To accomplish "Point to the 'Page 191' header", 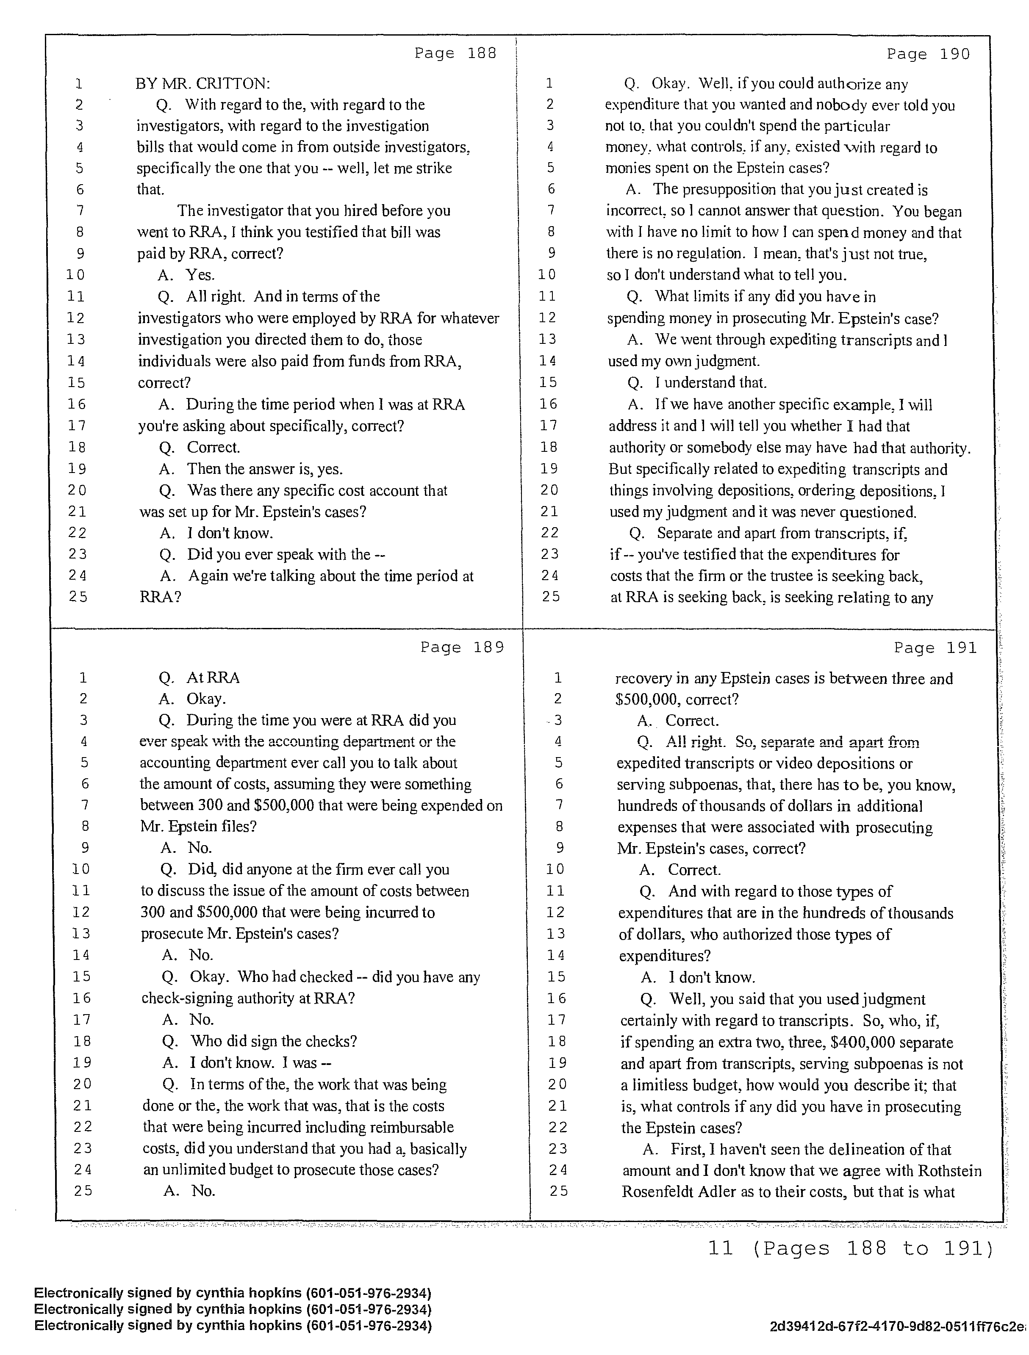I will click(935, 648).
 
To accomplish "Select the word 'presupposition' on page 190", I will click(728, 190).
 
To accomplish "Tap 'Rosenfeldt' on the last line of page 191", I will click(656, 1192).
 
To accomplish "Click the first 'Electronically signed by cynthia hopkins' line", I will click(233, 1293).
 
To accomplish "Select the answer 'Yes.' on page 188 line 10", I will click(200, 275).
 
